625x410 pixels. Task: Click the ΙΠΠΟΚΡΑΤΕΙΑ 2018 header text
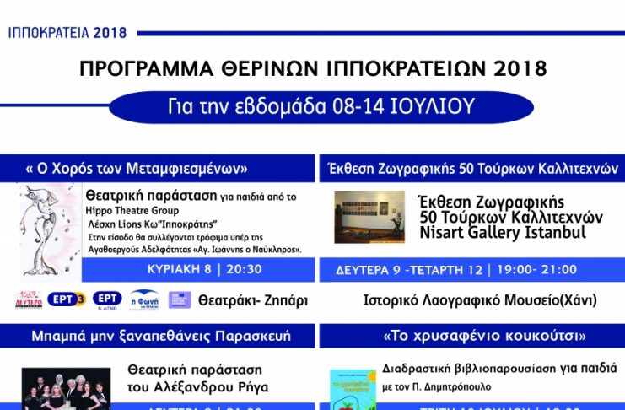(x=67, y=33)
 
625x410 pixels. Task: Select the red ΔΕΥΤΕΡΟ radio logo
(x=29, y=299)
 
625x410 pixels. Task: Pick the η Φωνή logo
(x=145, y=299)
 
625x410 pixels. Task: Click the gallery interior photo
(x=369, y=215)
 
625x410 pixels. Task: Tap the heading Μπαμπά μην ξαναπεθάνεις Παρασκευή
(x=160, y=336)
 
